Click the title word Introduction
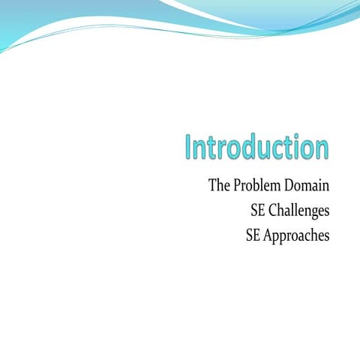[257, 147]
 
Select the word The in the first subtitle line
[220, 185]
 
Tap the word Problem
[259, 186]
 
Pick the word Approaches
[295, 235]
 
